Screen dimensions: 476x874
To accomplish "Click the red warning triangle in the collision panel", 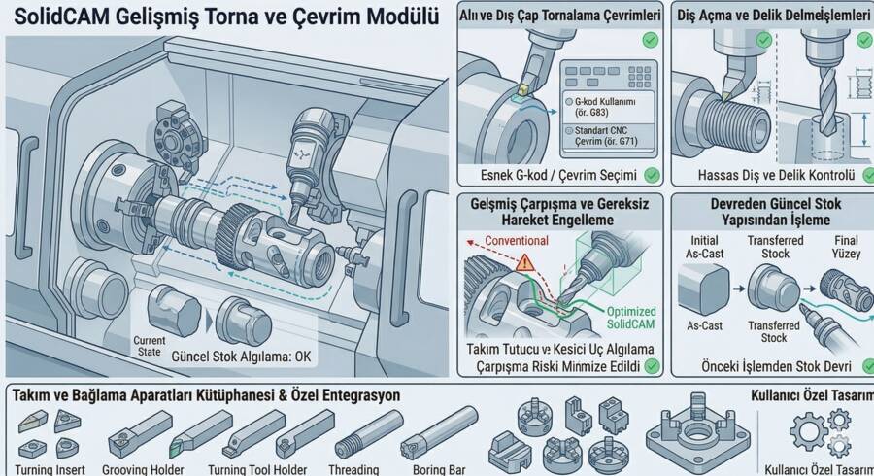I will [525, 261].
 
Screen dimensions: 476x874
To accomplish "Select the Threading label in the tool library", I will [353, 469].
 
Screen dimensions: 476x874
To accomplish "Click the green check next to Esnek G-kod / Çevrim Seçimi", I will [652, 175].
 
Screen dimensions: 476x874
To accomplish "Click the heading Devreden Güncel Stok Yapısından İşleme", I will [772, 212].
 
